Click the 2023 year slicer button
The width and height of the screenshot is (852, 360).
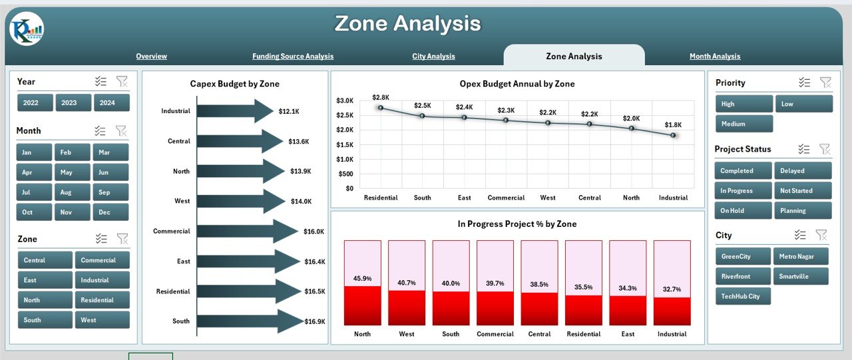[x=73, y=102]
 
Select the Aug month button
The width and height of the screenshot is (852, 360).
[x=73, y=192]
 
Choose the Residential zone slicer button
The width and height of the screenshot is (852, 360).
[x=102, y=300]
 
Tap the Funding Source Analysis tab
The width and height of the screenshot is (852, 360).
[x=293, y=57]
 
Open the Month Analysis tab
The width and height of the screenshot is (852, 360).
[x=715, y=57]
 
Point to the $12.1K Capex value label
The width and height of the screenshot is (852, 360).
[x=289, y=111]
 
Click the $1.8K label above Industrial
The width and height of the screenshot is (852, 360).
[x=673, y=124]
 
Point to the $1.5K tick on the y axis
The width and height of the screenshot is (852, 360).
[x=345, y=144]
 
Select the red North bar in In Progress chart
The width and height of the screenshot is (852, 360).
[x=363, y=305]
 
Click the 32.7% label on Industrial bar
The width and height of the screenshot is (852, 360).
[x=672, y=289]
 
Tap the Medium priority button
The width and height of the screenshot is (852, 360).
[x=744, y=124]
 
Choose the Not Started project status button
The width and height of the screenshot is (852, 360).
[x=802, y=191]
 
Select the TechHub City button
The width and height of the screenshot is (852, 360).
[x=744, y=296]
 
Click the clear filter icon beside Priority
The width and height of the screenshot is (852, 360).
[x=825, y=83]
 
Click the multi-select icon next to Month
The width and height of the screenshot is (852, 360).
[x=101, y=131]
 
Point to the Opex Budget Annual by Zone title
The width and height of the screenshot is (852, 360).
[x=517, y=84]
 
